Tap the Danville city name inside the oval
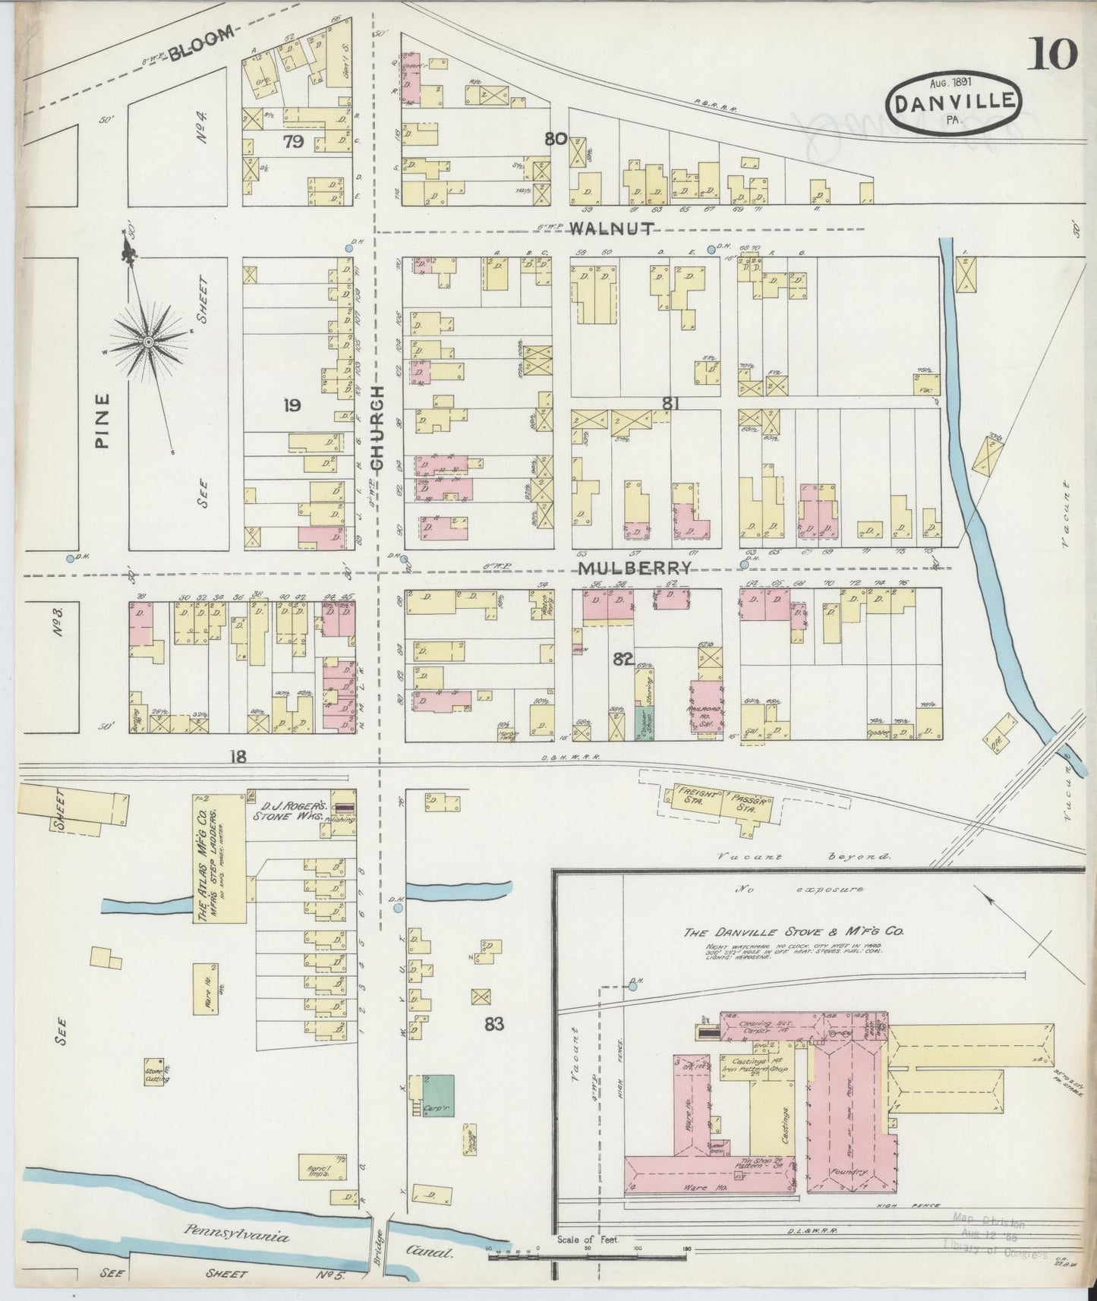[954, 102]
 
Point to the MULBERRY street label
[635, 568]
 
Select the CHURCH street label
[377, 427]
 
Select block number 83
[494, 1024]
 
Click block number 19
[291, 405]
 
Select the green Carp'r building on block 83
[438, 1094]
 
